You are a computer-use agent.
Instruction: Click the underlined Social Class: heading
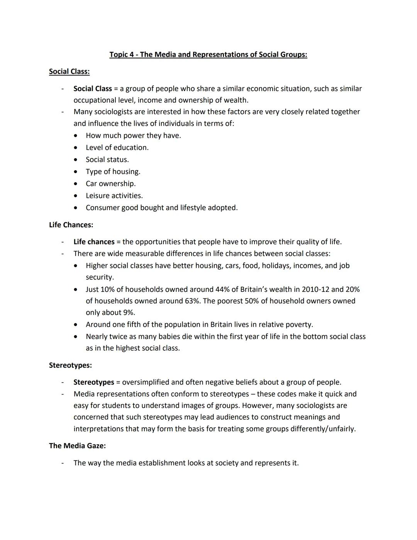(69, 72)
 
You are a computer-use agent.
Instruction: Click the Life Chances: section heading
(71, 225)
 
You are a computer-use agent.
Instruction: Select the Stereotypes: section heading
(70, 365)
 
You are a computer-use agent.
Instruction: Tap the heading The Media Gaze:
(77, 446)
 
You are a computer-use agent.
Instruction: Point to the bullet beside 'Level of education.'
(76, 148)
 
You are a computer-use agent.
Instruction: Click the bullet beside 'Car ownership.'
(76, 184)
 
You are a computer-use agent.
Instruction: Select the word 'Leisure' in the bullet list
(98, 196)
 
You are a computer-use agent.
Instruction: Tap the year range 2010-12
(315, 290)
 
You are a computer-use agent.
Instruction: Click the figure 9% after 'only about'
(129, 313)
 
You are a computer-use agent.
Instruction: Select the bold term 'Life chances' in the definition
(94, 242)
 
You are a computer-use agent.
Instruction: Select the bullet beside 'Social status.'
(76, 160)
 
